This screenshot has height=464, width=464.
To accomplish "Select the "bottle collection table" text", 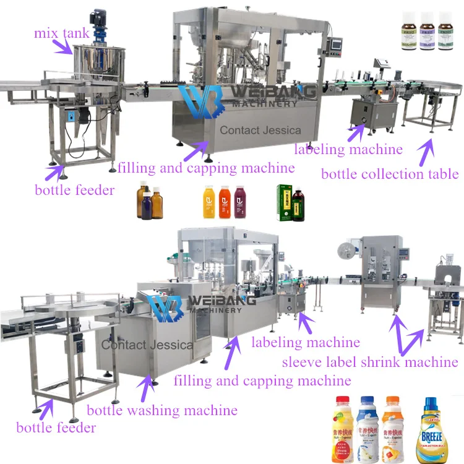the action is [390, 173].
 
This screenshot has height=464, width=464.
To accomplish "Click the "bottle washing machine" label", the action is [162, 410].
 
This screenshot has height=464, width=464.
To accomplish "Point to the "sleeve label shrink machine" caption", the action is [370, 362].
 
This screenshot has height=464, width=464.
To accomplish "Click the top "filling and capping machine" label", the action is [206, 167].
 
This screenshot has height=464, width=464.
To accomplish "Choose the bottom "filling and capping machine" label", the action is [262, 380].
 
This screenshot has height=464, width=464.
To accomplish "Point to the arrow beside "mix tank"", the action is [66, 46].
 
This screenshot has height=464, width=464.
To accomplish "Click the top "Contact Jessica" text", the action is [260, 130].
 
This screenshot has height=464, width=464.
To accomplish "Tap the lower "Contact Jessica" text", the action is [147, 345].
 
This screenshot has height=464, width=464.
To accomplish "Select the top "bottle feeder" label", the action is [75, 189].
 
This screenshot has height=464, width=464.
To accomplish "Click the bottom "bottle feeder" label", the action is [56, 427].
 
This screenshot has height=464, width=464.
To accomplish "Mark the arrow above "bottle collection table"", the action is [426, 149].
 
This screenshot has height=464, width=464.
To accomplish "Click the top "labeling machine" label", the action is [348, 149].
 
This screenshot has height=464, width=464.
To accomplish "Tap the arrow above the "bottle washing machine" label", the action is [148, 387].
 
